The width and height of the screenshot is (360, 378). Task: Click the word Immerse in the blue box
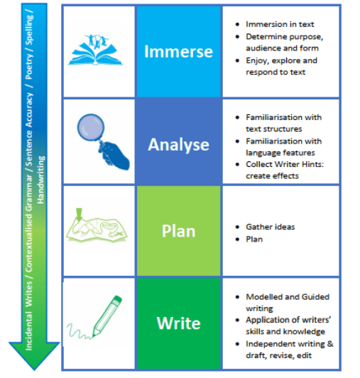click(178, 51)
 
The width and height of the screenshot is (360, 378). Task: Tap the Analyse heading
click(178, 145)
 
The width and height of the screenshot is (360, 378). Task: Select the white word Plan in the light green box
click(178, 231)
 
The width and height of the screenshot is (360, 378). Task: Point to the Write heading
click(178, 323)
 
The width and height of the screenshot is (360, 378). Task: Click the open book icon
click(95, 50)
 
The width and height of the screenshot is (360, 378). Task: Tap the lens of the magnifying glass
click(91, 126)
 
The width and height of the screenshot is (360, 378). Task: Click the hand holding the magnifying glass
click(115, 156)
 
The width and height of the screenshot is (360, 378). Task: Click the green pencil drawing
click(107, 315)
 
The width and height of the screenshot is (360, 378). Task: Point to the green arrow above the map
click(79, 214)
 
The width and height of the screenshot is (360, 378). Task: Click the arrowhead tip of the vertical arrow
click(34, 369)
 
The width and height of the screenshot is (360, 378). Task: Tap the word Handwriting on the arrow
click(40, 180)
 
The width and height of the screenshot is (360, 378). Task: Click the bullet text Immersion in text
click(280, 24)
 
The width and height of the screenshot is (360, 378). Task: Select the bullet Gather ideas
click(270, 227)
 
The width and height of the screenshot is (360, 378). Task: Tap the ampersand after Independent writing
click(330, 344)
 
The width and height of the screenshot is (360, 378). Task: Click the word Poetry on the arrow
click(29, 66)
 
